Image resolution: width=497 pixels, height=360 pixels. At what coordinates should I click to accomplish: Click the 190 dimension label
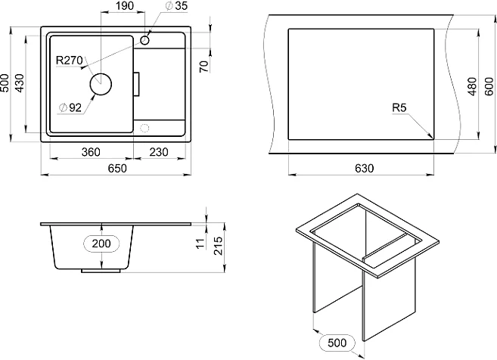(125, 6)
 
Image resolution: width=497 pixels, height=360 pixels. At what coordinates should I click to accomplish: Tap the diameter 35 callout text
(176, 6)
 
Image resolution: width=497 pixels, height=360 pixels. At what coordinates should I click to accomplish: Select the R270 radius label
(69, 60)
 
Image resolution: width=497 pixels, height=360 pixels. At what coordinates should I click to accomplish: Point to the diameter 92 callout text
(70, 108)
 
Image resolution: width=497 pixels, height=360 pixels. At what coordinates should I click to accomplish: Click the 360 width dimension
(91, 152)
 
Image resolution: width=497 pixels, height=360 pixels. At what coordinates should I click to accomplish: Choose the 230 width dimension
(159, 152)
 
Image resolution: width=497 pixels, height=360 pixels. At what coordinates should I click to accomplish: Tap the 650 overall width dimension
(117, 168)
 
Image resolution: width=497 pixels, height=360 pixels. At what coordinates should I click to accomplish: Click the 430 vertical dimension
(20, 83)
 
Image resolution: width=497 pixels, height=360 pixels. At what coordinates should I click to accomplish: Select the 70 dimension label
(205, 66)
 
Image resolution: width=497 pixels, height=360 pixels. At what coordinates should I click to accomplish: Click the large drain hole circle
(90, 84)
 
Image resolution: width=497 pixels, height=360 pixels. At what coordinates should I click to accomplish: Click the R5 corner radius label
(399, 107)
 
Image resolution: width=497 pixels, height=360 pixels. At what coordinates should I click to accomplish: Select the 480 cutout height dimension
(472, 86)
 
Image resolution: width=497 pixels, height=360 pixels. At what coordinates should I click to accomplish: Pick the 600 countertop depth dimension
(489, 86)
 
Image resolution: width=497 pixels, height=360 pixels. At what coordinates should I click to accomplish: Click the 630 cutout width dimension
(364, 168)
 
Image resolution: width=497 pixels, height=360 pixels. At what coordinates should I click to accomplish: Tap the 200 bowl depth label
(101, 244)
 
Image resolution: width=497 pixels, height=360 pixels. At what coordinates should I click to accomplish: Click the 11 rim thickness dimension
(200, 244)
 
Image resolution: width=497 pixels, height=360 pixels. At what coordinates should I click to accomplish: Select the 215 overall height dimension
(219, 246)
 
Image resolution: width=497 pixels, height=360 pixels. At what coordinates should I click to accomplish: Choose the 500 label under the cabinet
(337, 343)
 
